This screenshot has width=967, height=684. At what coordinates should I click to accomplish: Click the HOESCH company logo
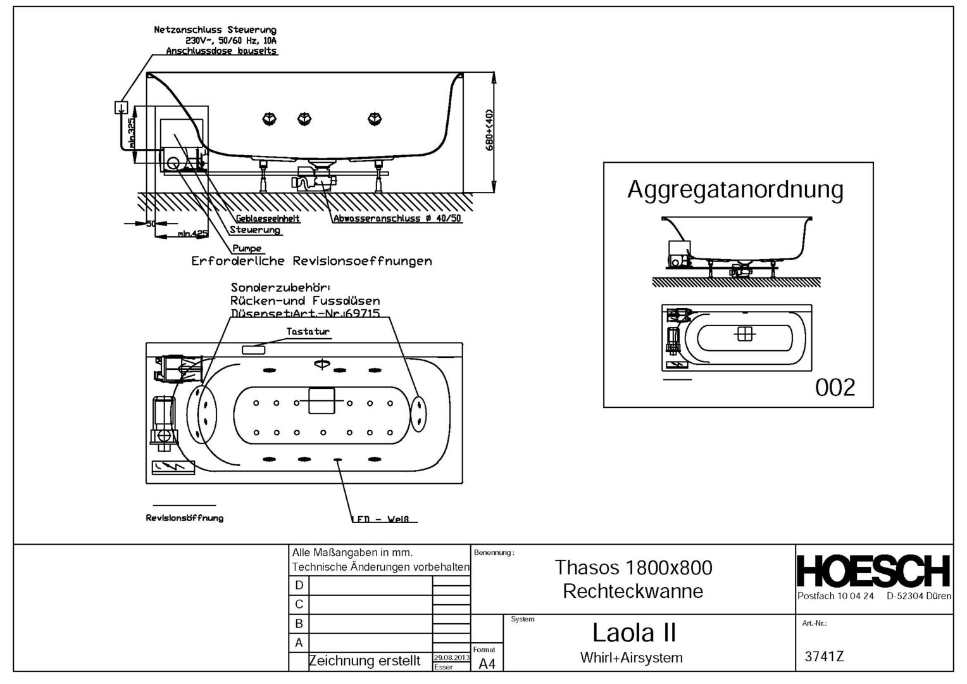pos(873,571)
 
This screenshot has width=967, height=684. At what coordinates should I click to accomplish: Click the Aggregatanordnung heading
pos(735,190)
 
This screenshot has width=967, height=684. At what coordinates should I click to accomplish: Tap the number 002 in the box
pos(835,387)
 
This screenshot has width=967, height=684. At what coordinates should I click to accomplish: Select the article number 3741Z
pos(824,657)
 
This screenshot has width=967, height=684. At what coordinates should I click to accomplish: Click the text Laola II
pos(633,633)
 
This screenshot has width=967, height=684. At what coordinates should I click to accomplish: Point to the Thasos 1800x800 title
pos(633,567)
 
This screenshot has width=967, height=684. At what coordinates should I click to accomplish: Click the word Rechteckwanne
pos(633,592)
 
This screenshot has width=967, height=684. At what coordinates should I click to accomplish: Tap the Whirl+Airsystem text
pos(631,658)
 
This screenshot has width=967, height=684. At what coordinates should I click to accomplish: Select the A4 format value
pos(487,664)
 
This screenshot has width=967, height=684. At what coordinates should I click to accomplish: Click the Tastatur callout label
pos(308,331)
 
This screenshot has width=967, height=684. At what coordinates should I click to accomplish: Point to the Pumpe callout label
pos(247,248)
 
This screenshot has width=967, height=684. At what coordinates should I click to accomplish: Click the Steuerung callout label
pos(255,230)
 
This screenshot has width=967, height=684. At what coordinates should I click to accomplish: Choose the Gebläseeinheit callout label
pos(268,218)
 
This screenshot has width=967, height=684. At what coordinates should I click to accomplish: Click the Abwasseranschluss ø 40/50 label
pos(397,218)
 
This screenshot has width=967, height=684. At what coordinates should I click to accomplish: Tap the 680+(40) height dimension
pos(489,130)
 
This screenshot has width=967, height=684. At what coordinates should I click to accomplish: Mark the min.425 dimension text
pos(192,234)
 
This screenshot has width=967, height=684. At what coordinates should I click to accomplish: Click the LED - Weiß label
pos(384,519)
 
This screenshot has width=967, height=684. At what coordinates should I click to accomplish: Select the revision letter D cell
pos(299,585)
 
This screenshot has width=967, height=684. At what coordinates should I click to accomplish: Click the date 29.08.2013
pos(451,658)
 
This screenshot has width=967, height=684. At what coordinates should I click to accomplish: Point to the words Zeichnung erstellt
pos(365,661)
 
